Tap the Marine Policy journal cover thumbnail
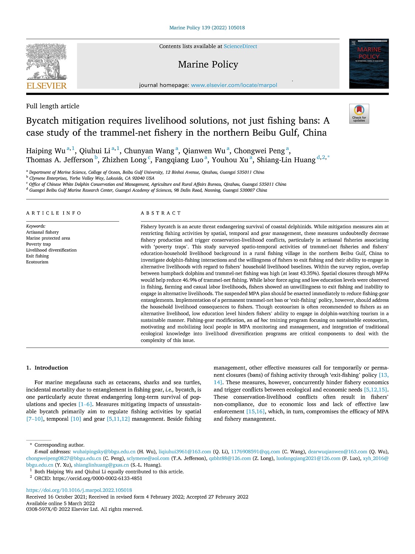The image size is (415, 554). pos(368,64)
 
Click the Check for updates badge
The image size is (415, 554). pos(359,114)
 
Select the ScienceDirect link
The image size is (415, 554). pos(240,47)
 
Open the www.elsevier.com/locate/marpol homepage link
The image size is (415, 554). pos(234,85)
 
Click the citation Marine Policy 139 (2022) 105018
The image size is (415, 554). pos(207,28)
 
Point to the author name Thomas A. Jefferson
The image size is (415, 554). pos(59,160)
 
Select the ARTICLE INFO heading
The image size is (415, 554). pos(54,213)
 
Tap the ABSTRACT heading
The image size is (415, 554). pos(161,213)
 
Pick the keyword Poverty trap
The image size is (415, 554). pos(38,244)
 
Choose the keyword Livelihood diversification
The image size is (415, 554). pos(51,250)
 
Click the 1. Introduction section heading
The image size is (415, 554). pos(47,368)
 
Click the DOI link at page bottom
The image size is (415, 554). pos(79,490)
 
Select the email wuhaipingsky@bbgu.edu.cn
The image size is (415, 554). pos(104,452)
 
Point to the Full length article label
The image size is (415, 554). pos(52,106)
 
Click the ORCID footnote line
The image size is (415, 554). pos(88,478)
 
